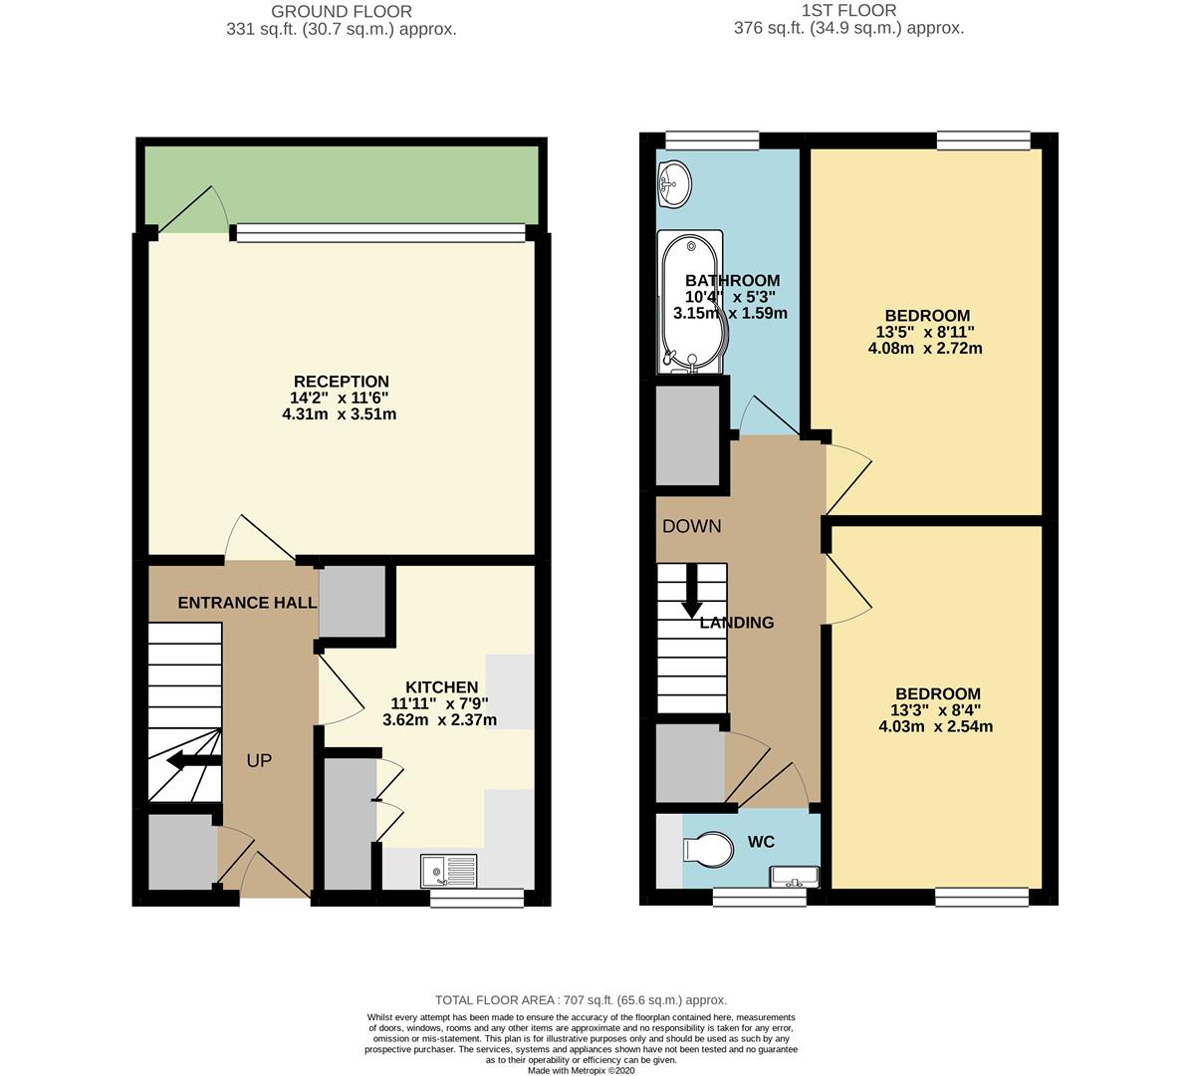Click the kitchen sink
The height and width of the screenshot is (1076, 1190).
click(449, 870)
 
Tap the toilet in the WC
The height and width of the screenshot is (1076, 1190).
click(707, 848)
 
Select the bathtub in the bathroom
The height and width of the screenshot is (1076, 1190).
click(692, 303)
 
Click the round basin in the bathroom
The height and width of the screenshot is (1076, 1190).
click(674, 183)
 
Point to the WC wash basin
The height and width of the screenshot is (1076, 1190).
click(794, 877)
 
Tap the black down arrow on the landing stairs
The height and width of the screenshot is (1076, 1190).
click(691, 591)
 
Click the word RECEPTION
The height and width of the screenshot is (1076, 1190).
click(342, 382)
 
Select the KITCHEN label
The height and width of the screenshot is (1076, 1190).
click(442, 687)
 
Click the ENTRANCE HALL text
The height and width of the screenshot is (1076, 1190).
click(247, 603)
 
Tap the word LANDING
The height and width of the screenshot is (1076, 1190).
click(737, 623)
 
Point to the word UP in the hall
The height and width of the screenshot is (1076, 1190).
click(260, 760)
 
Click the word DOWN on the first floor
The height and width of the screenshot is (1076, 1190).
click(692, 526)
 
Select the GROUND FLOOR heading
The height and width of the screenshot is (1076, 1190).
click(342, 11)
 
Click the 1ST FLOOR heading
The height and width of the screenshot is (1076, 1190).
click(849, 11)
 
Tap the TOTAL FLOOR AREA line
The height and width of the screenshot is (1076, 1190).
click(582, 1000)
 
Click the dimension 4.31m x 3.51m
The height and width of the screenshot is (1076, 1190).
click(340, 414)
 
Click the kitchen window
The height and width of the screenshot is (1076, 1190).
click(477, 899)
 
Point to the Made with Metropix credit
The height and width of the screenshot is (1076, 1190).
click(582, 1071)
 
